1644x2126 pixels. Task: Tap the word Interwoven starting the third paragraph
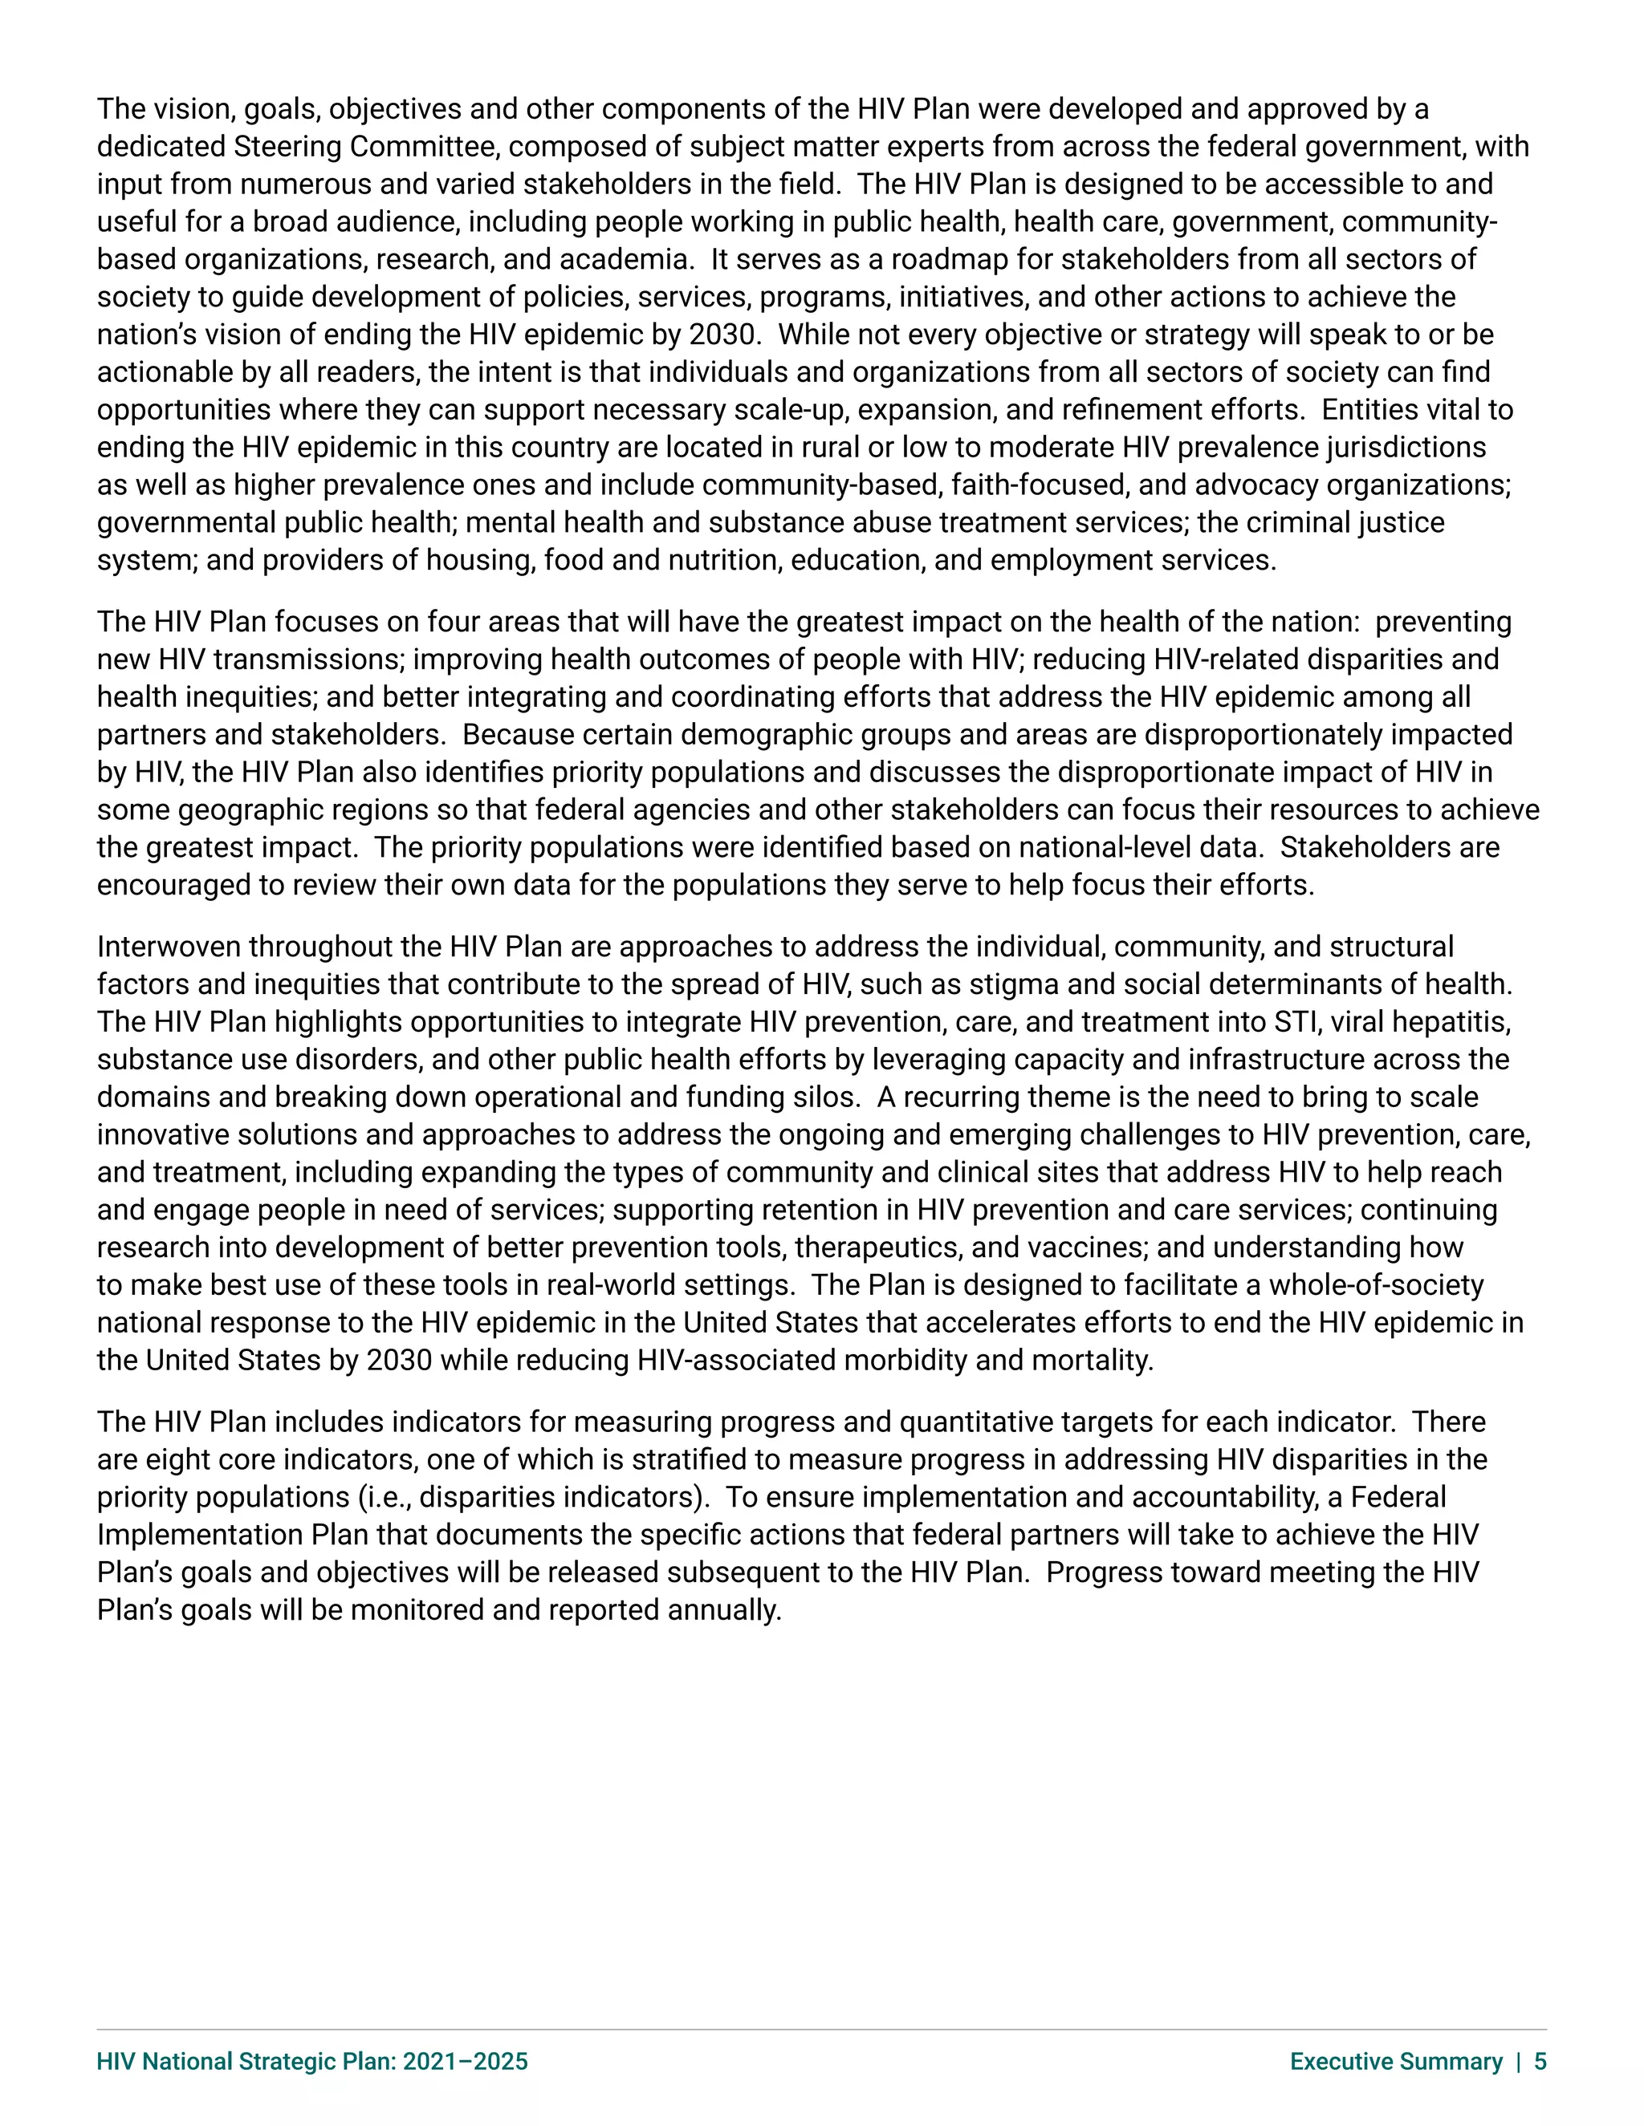click(x=169, y=947)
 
